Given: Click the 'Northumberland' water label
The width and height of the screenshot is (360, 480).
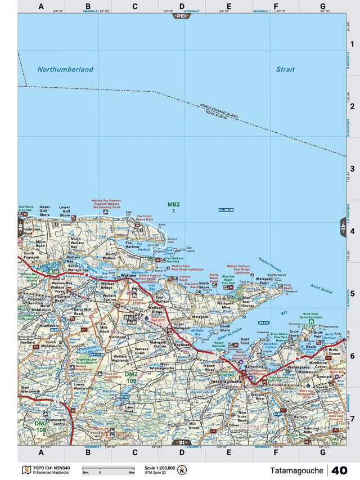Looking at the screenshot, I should [65, 69].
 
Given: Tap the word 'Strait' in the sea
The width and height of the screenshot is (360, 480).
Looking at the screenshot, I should [285, 69].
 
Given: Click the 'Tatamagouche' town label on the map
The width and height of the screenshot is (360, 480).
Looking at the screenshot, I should [226, 381].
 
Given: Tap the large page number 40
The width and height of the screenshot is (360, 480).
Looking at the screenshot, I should [339, 470].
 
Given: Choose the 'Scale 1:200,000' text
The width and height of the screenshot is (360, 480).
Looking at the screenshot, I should [160, 468].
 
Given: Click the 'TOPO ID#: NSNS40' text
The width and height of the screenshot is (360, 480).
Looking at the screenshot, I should [54, 468].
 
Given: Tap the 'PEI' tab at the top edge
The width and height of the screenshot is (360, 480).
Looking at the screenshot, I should [181, 16].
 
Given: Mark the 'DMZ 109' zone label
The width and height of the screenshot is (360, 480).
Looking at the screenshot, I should [130, 376].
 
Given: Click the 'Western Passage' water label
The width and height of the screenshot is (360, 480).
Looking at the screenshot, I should [270, 262].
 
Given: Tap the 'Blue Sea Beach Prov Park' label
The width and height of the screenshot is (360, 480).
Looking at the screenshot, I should [228, 279].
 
